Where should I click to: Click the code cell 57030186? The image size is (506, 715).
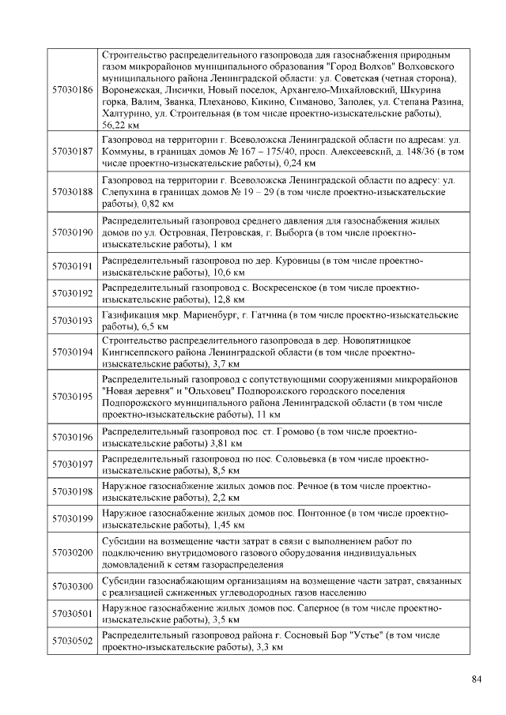pos(72,90)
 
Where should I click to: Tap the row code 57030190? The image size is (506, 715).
pos(72,233)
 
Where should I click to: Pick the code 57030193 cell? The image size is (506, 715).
pos(72,320)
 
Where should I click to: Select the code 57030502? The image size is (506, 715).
pos(72,641)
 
